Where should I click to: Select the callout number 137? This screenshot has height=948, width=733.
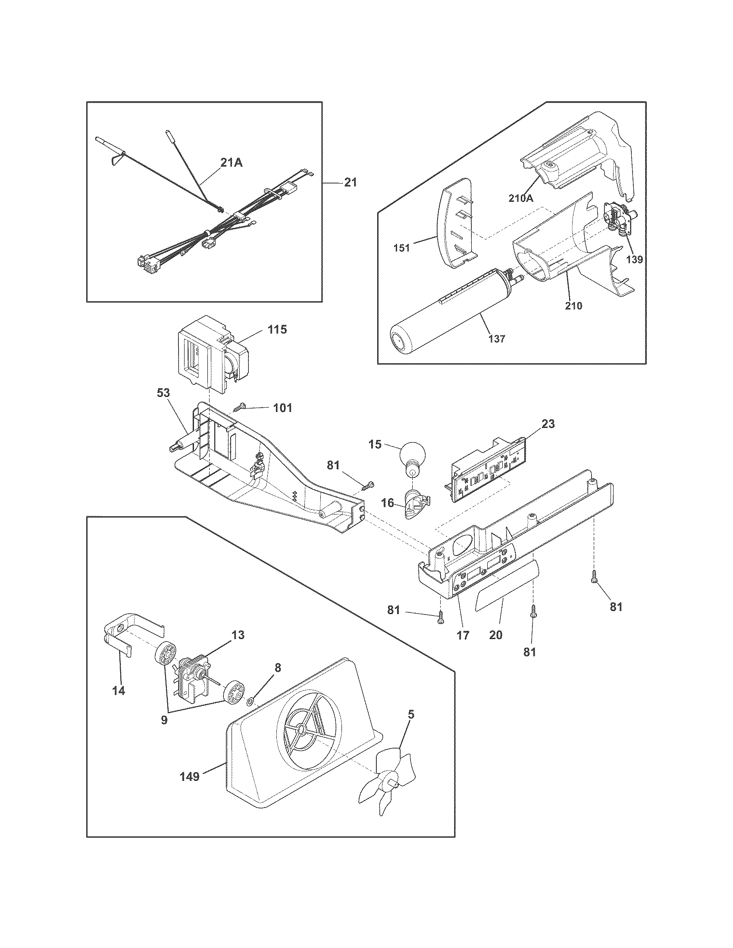click(x=496, y=338)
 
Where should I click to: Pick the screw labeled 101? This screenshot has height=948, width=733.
click(x=239, y=408)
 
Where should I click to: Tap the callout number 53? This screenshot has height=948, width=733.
click(x=164, y=393)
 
